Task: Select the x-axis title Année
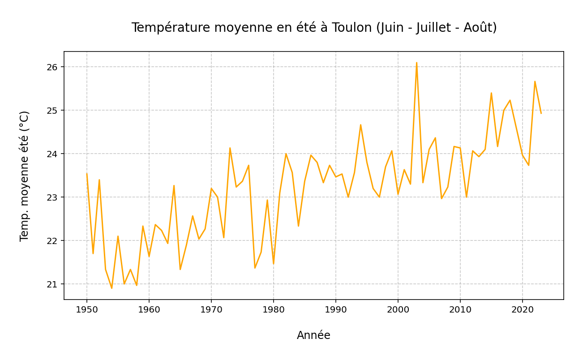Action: click(313, 335)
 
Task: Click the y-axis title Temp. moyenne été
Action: click(25, 176)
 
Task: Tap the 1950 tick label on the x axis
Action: click(87, 309)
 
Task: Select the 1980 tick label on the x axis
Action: click(274, 309)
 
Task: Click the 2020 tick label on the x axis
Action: click(522, 309)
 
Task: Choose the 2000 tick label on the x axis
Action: click(398, 309)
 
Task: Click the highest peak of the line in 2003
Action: click(416, 63)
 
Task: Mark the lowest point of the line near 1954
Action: click(112, 288)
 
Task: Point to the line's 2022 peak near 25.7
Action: click(535, 81)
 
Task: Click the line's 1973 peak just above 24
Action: click(230, 148)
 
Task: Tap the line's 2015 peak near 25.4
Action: click(491, 93)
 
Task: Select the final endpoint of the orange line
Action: click(541, 113)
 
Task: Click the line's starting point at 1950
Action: click(87, 174)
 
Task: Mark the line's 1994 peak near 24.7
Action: click(360, 125)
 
